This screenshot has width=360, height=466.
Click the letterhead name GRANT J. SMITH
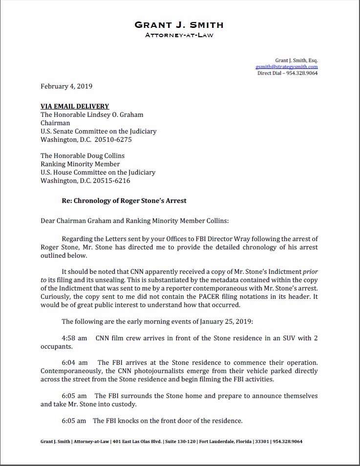click(179, 24)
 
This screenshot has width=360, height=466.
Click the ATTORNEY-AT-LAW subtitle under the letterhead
click(179, 35)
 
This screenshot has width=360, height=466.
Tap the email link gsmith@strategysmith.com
click(286, 67)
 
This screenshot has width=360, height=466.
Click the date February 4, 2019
click(66, 87)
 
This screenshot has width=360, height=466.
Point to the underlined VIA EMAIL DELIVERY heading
click(75, 106)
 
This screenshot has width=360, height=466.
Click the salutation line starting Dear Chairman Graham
click(134, 221)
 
